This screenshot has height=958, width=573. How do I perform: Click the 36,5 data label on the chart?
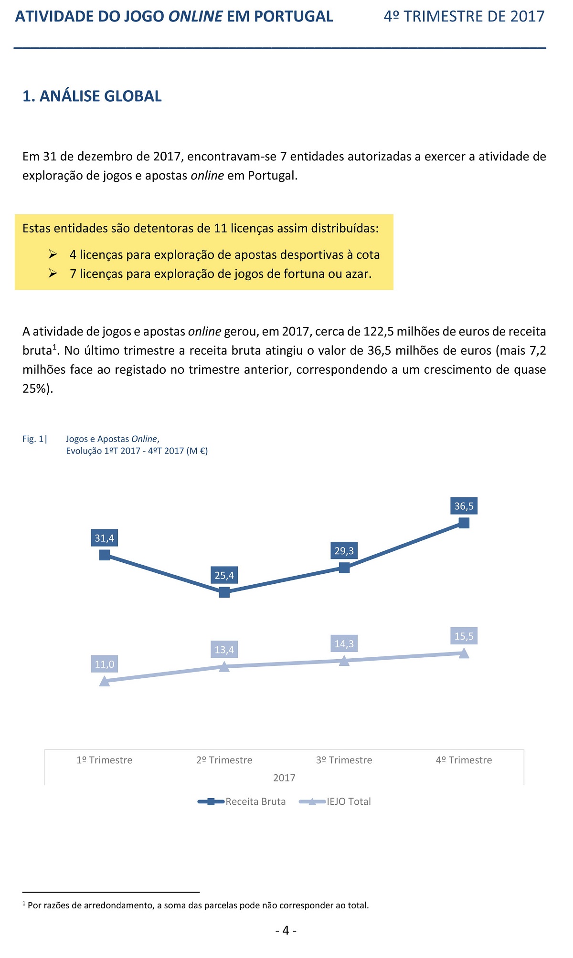[464, 506]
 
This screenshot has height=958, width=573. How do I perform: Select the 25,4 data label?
[224, 575]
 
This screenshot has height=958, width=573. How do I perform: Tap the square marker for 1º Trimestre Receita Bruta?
[105, 555]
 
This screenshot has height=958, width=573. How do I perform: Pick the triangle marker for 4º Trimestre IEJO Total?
[464, 653]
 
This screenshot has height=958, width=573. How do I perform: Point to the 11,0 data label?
[105, 664]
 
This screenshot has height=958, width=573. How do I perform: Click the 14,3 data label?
[344, 644]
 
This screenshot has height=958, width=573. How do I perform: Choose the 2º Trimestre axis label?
[224, 760]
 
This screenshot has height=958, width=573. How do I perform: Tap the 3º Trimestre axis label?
[344, 760]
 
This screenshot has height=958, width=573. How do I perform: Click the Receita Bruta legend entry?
[242, 801]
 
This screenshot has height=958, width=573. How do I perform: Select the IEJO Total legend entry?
[335, 801]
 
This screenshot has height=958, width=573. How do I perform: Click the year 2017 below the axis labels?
[284, 778]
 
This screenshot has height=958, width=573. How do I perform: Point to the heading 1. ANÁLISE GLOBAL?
[92, 96]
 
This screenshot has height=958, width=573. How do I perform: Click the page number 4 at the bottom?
[286, 930]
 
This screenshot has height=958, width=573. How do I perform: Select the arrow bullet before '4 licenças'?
[53, 254]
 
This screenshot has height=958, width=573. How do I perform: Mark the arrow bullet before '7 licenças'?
[53, 274]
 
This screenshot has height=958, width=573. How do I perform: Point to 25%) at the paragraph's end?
[38, 389]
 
